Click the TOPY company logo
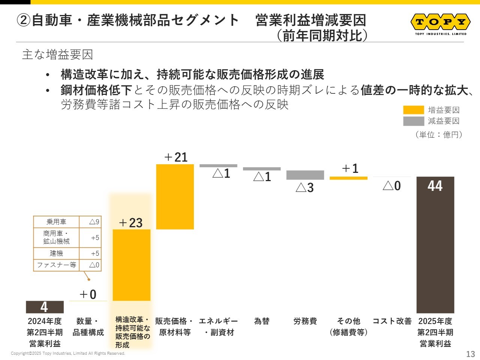(x=441, y=23)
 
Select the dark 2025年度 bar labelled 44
(x=435, y=244)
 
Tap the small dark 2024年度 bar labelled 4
(x=45, y=307)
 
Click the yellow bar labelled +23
(x=132, y=265)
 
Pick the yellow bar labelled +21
(x=175, y=196)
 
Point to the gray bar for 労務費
(x=305, y=175)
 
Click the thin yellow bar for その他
(x=348, y=178)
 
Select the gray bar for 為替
(x=262, y=169)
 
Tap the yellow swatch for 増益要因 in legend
(x=413, y=110)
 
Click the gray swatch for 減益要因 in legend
(x=413, y=121)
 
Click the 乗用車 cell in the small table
(x=56, y=222)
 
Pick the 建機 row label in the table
(x=56, y=253)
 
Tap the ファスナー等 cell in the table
(x=56, y=265)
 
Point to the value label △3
(x=304, y=187)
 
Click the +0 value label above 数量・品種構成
(x=88, y=294)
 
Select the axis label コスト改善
(x=392, y=321)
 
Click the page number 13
(x=470, y=354)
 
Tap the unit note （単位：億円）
(x=439, y=135)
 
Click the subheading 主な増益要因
(x=57, y=55)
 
